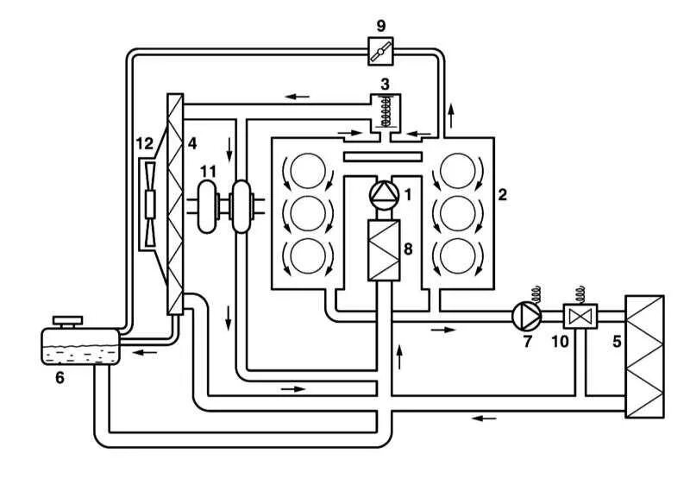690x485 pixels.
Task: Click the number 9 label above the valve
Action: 380,26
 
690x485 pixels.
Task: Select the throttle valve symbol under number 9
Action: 379,53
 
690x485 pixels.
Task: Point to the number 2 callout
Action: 502,194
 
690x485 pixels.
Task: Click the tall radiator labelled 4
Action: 176,204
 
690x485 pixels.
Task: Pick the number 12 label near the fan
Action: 145,142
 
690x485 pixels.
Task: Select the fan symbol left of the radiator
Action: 150,205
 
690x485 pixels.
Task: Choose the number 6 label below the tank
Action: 60,377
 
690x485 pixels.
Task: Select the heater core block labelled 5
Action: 645,356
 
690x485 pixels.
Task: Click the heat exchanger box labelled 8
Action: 380,250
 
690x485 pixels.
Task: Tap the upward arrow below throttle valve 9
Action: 449,111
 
